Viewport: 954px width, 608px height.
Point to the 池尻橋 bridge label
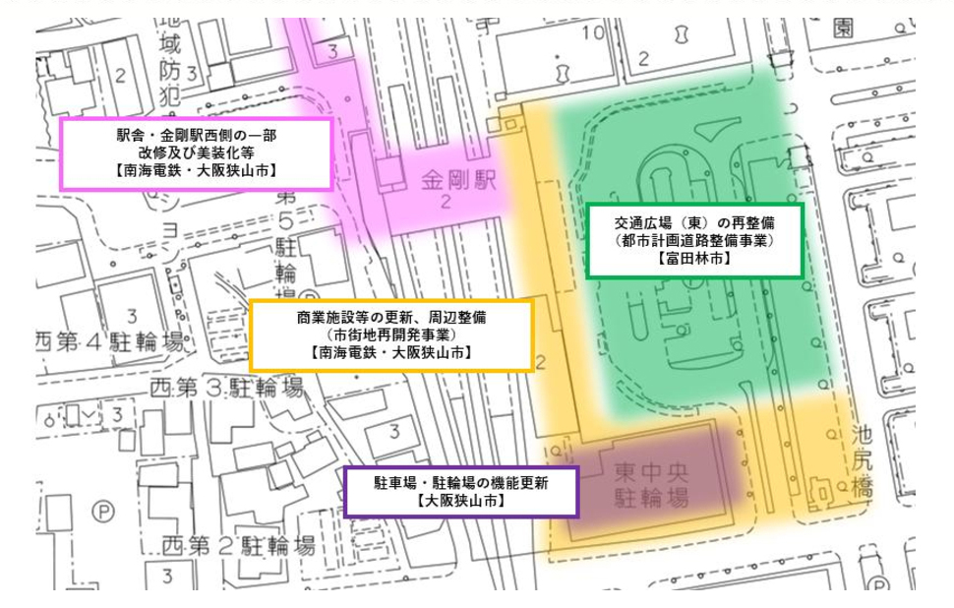(x=863, y=461)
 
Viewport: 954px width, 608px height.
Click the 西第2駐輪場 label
(x=239, y=546)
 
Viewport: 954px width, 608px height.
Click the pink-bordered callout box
(x=196, y=152)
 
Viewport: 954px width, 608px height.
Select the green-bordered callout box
(x=694, y=240)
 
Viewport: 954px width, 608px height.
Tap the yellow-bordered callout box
(x=391, y=334)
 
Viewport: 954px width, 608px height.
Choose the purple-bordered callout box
(x=460, y=491)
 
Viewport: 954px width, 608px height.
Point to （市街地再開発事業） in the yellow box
(x=391, y=334)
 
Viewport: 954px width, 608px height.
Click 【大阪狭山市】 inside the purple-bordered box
(x=460, y=501)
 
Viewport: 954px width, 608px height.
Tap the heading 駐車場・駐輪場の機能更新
(x=460, y=482)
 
